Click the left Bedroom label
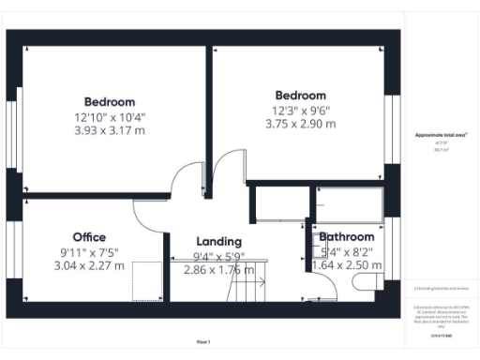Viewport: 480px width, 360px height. [x=110, y=102]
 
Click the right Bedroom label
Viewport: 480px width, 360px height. [x=300, y=96]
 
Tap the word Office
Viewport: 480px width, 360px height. [x=89, y=237]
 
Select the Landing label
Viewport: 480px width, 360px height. [x=218, y=242]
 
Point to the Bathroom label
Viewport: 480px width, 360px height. [x=347, y=238]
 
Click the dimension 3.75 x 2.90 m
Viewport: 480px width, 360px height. [x=300, y=123]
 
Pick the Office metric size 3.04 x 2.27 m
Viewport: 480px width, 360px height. [x=89, y=265]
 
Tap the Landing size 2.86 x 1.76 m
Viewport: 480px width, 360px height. [x=217, y=269]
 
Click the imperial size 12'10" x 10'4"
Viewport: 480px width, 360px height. [x=110, y=117]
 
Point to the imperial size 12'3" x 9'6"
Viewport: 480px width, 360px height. [x=300, y=110]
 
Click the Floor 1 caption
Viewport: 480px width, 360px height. [x=203, y=341]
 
